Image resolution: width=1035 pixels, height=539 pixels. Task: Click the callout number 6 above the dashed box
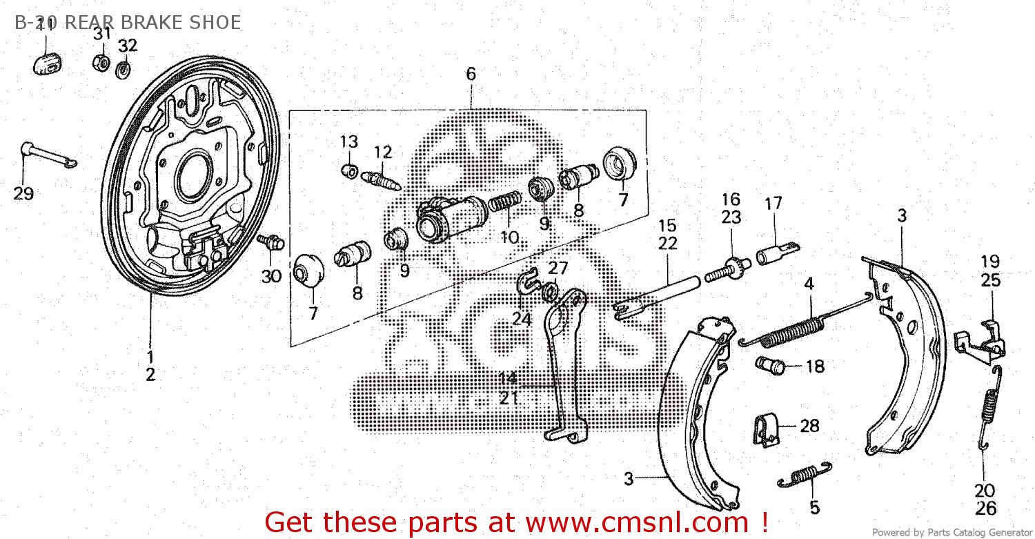(x=471, y=74)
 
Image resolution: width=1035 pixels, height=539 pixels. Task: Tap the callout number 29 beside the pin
(x=23, y=194)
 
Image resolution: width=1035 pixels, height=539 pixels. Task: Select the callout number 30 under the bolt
(x=271, y=276)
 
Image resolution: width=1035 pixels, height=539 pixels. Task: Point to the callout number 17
(x=773, y=204)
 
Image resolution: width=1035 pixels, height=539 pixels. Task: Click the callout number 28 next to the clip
(x=809, y=426)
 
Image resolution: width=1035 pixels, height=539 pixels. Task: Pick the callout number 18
(x=815, y=366)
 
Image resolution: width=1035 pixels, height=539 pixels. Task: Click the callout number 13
(x=349, y=142)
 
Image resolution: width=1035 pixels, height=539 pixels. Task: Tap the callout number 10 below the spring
(x=509, y=237)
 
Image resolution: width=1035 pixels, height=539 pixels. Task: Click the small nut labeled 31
(x=101, y=62)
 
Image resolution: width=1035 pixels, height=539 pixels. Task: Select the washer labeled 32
(x=125, y=69)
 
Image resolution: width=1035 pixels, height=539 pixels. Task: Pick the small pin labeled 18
(x=771, y=364)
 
